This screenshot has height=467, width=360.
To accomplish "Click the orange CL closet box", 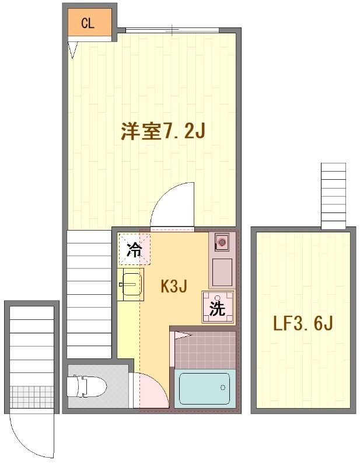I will (x=88, y=23).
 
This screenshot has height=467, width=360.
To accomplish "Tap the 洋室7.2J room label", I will (x=162, y=131).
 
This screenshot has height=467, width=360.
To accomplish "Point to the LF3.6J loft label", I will (x=303, y=323).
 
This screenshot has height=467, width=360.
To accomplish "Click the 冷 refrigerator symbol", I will (x=134, y=250).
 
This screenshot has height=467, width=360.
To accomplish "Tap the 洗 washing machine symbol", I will (x=218, y=307).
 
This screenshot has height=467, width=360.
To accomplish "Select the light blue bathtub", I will (x=204, y=388).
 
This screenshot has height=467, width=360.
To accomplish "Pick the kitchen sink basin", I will (x=131, y=285).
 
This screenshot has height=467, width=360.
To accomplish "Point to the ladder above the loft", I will (x=334, y=196).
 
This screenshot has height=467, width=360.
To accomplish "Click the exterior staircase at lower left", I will (x=32, y=344).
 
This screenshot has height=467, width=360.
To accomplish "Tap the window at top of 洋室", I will (x=173, y=30).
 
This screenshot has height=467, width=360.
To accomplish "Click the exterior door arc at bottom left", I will (x=32, y=435).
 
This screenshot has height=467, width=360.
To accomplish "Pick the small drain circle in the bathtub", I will (x=223, y=387).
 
